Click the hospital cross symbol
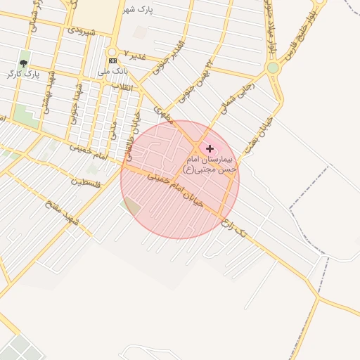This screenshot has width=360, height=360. tap(210, 148)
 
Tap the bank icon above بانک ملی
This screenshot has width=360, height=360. tap(112, 61)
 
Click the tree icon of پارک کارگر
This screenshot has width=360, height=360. tap(24, 63)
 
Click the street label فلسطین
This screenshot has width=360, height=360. tap(86, 183)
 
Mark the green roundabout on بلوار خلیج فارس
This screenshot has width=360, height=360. tap(273, 67)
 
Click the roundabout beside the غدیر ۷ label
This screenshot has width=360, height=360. tap(111, 52)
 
